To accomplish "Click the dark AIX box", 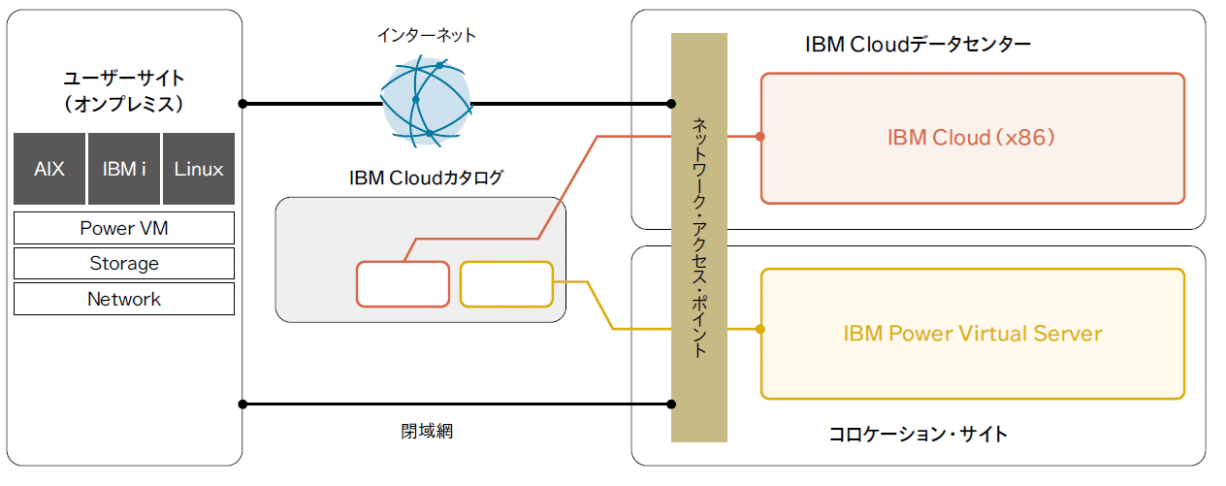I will tap(49, 169).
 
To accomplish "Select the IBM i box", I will tap(124, 169).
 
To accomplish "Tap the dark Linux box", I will tap(199, 169).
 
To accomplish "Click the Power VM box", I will tap(124, 228).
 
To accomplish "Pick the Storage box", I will tap(124, 263).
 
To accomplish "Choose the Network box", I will tap(124, 299).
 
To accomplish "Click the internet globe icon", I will tap(426, 101).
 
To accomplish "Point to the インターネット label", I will tap(427, 36).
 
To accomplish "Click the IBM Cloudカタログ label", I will tap(426, 178).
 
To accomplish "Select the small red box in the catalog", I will tap(403, 284).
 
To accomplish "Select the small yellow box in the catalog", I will tap(505, 284).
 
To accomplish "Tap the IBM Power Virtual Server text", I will tap(972, 334).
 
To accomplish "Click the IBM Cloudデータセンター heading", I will tap(918, 45).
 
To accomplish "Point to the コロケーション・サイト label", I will tap(918, 434).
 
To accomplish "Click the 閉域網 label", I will tap(427, 432).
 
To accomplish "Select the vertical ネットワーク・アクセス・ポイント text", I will tap(699, 238).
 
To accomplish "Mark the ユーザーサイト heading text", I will tap(124, 79).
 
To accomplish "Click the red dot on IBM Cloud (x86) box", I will tap(760, 137).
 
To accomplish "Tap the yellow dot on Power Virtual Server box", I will tap(760, 329).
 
